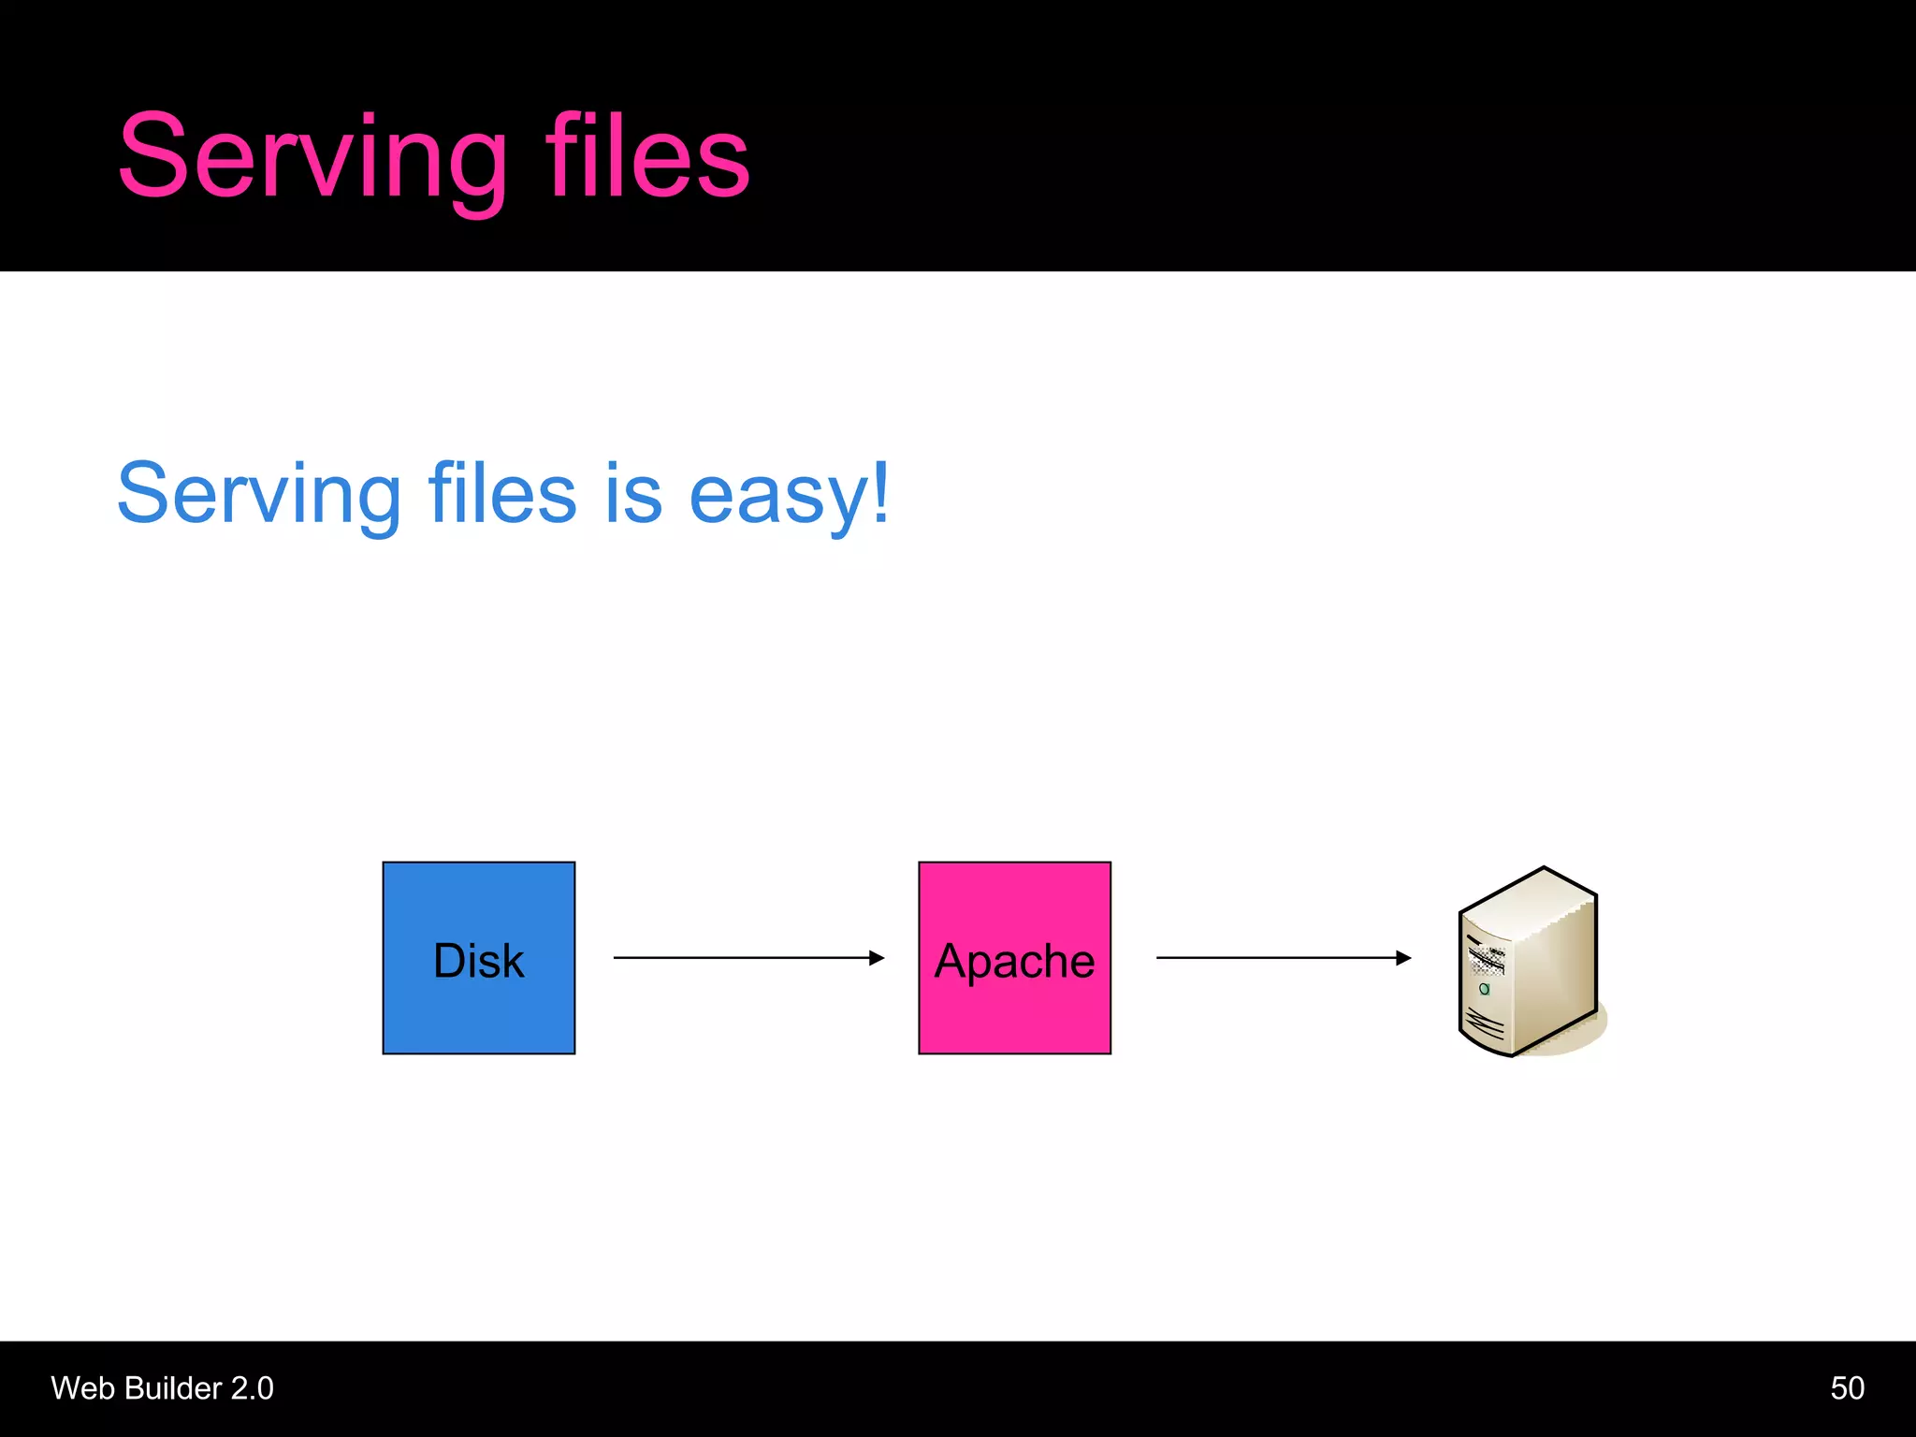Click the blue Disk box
[479, 1010]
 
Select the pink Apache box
[1014, 1015]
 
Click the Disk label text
[479, 961]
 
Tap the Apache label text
[1014, 961]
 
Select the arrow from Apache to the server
[1272, 957]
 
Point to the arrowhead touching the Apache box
[877, 957]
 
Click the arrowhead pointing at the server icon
[1403, 957]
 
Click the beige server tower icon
[1534, 964]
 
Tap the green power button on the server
[1484, 989]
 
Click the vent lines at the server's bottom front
[1485, 1023]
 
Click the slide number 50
[1847, 1388]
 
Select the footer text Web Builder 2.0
[162, 1388]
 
